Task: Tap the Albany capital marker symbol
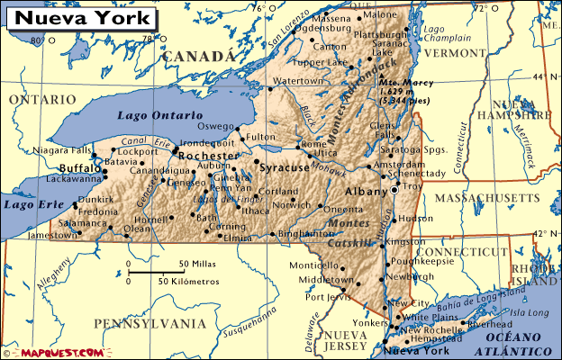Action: point(394,191)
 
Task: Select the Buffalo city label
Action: point(80,168)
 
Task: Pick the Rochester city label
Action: point(207,156)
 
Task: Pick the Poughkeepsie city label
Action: point(421,261)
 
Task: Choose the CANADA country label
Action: point(199,56)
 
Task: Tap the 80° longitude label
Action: point(36,40)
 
